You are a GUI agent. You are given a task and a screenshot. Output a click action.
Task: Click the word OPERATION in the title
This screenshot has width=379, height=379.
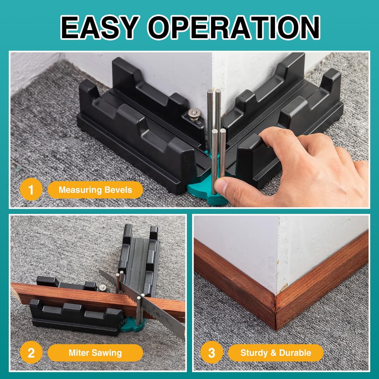point(234,27)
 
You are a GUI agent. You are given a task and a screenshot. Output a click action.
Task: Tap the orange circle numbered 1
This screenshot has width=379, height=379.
point(31,189)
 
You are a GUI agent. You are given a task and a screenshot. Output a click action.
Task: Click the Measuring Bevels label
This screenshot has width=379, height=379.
point(95,189)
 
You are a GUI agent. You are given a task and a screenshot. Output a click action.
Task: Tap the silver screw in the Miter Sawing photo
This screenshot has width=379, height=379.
point(102,288)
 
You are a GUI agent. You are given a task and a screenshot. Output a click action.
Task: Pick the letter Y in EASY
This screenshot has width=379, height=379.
point(128,27)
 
